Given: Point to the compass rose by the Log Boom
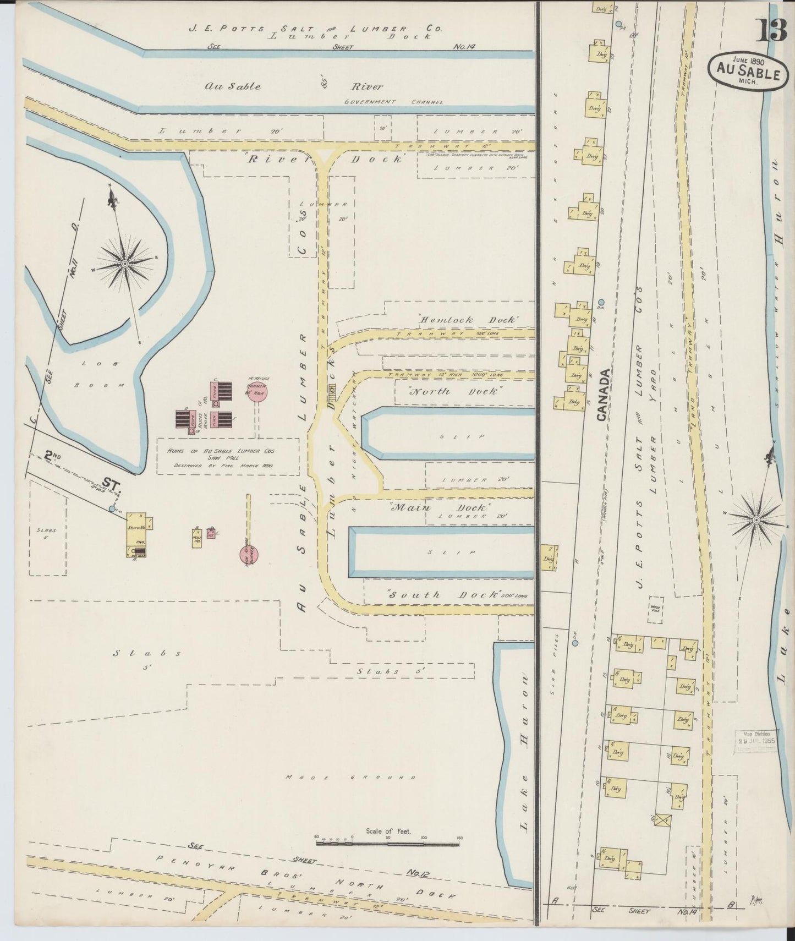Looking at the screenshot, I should click(126, 264).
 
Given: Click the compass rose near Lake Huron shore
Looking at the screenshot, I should click(756, 519).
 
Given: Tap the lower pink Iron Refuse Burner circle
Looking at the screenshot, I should click(248, 556).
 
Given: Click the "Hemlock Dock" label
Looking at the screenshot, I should click(467, 319).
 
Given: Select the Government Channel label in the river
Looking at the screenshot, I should click(393, 102).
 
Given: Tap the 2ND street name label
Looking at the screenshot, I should click(53, 456).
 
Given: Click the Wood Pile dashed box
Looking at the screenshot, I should click(655, 609).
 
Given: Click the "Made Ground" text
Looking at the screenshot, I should click(351, 778).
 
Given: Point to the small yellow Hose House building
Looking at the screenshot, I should click(196, 537).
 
